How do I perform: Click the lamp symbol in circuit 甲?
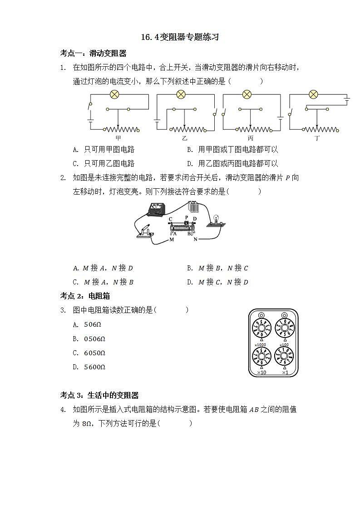[115, 94]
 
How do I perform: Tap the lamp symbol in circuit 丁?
[313, 94]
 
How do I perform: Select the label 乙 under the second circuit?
[184, 137]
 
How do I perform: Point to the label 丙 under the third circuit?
[251, 137]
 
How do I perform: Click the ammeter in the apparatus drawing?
[156, 209]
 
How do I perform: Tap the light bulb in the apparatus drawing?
[216, 220]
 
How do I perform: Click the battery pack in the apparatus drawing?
[194, 207]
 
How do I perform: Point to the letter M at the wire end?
[172, 239]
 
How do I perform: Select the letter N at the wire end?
[195, 239]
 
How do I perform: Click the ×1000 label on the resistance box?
[260, 345]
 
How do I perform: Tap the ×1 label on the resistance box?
[285, 372]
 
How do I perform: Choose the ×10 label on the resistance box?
[261, 372]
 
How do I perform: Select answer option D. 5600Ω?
[90, 367]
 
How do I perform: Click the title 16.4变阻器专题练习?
[180, 37]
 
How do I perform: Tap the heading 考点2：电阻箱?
[85, 296]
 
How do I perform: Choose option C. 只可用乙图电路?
[104, 163]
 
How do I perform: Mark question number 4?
[63, 410]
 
